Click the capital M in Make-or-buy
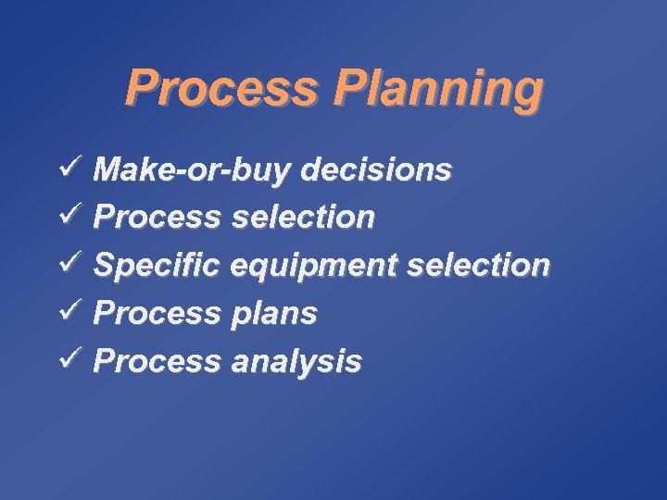tap(107, 169)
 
